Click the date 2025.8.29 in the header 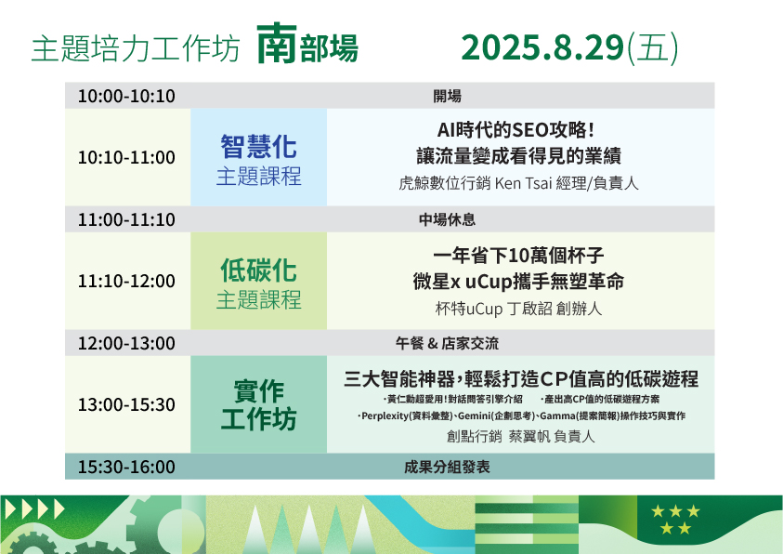[542, 48]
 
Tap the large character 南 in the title [277, 44]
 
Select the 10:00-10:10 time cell [126, 96]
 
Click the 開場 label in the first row [447, 96]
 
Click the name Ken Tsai [523, 183]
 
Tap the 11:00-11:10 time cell [126, 219]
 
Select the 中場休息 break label [447, 219]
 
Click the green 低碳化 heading [258, 270]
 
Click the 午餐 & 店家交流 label [447, 343]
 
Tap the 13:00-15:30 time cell [126, 404]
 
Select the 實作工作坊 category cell [258, 404]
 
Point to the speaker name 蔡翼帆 [529, 437]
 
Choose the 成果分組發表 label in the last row [447, 467]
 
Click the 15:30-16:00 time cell [126, 467]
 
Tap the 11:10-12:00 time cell [126, 282]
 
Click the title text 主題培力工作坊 [136, 49]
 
